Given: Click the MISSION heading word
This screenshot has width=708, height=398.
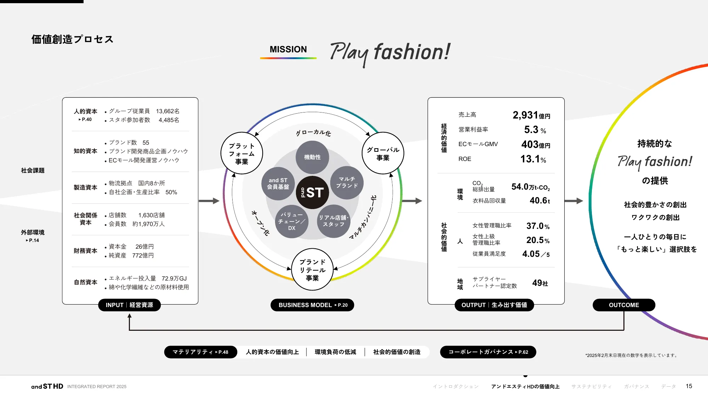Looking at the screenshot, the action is (288, 50).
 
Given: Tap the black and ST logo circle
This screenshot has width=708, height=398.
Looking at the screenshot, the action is (312, 192).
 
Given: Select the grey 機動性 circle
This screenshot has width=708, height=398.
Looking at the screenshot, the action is (312, 157).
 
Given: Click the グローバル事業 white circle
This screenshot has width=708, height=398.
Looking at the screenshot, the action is (383, 153).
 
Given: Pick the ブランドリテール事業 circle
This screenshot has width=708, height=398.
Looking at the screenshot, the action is (312, 270).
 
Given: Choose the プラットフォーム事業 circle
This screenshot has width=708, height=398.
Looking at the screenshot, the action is (242, 153).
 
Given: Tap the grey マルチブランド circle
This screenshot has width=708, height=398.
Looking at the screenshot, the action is (347, 183).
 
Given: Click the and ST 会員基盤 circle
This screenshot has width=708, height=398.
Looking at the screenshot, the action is (278, 183).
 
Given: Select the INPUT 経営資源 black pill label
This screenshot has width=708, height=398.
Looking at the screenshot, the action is (129, 305).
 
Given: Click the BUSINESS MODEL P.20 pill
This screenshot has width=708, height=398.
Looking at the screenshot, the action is (312, 305).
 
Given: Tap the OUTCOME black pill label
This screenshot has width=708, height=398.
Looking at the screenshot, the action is (624, 305).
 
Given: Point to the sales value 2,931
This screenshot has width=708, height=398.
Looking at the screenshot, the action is (525, 115).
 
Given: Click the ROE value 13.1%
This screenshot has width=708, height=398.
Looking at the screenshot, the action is (533, 159).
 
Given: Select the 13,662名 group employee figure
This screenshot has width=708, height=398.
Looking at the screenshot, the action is (168, 111).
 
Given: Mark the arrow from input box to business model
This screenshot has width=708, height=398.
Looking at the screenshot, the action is (209, 201).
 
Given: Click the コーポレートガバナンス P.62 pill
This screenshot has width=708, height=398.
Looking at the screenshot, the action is (488, 352).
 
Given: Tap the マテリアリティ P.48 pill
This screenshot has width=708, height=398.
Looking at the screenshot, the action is (200, 352).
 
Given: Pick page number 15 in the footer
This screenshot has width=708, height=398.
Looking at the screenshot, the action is (689, 386).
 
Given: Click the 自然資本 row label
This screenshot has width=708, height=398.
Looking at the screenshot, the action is (85, 282).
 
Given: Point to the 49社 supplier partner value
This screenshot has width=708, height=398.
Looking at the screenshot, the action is (540, 283).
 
